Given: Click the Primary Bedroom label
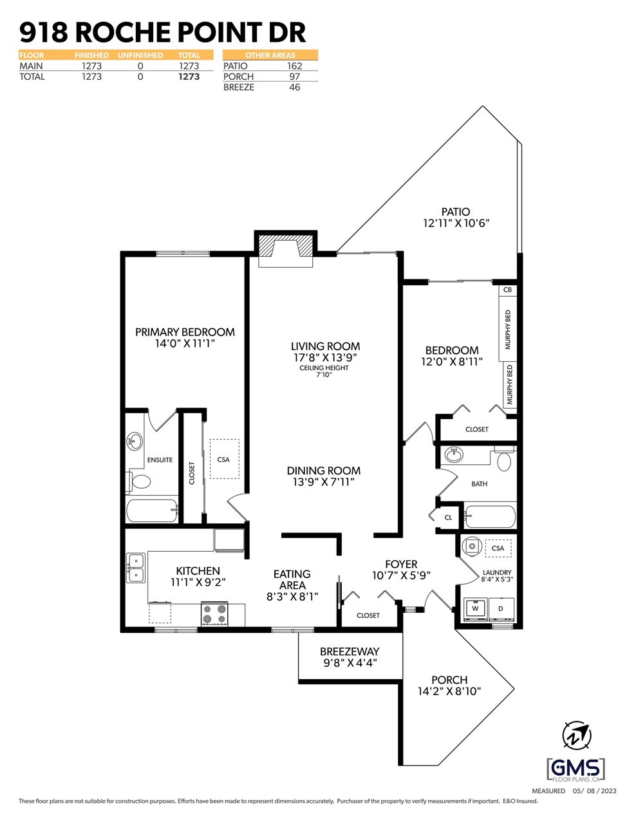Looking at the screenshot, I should pyautogui.click(x=185, y=332).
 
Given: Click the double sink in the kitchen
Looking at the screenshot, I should pyautogui.click(x=136, y=567).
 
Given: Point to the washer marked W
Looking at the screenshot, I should pyautogui.click(x=476, y=608).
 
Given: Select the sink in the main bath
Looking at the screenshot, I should pyautogui.click(x=454, y=455).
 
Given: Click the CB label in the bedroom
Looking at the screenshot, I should pyautogui.click(x=508, y=290).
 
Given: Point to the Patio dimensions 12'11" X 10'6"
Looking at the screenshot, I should pyautogui.click(x=456, y=223).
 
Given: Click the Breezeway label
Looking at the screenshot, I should pyautogui.click(x=350, y=651).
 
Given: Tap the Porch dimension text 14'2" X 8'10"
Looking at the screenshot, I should pyautogui.click(x=449, y=691).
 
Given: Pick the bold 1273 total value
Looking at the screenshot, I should pyautogui.click(x=189, y=77).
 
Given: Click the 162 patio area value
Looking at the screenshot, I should pyautogui.click(x=294, y=66).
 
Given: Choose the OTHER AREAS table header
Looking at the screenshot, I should pyautogui.click(x=270, y=55).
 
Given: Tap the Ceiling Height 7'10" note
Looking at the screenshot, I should pyautogui.click(x=324, y=371).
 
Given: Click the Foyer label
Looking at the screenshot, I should pyautogui.click(x=401, y=565).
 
